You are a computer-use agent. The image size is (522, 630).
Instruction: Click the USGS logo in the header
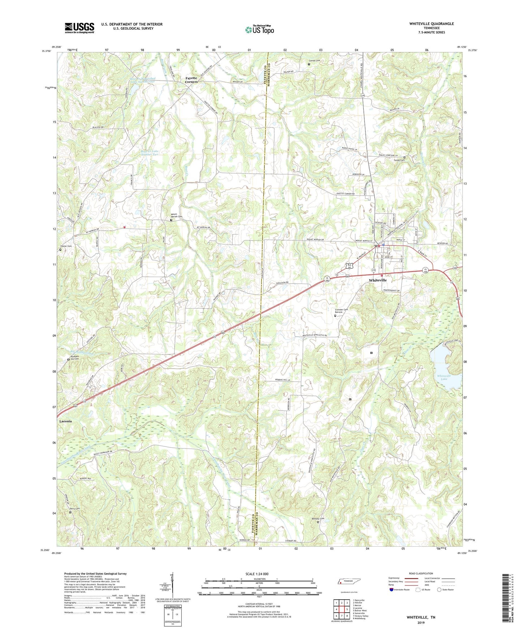click(79, 28)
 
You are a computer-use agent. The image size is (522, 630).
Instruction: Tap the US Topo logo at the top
click(260, 30)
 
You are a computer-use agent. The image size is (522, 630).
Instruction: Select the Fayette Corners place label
click(191, 80)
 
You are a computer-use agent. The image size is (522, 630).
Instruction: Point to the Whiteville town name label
click(378, 280)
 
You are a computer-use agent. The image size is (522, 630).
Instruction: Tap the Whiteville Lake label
click(443, 377)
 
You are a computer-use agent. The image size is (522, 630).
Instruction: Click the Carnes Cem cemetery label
click(314, 61)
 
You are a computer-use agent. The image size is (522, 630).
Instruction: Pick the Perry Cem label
click(74, 509)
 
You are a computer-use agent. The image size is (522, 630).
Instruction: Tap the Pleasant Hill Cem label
click(74, 357)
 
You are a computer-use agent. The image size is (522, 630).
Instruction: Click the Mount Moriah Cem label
click(177, 215)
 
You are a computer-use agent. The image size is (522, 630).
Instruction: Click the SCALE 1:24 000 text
click(257, 574)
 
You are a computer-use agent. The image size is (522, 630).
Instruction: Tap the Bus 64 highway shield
click(349, 266)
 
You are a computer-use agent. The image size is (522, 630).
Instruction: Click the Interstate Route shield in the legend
click(392, 590)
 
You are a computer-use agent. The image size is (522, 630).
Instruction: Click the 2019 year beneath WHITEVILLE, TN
click(421, 622)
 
